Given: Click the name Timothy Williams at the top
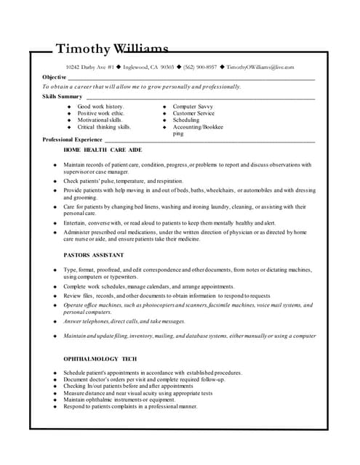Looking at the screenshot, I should point(112,49).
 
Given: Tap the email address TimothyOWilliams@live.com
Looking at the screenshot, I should point(260,67).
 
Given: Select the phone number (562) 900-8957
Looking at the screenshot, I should point(200,67).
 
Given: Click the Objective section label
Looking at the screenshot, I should point(55,77).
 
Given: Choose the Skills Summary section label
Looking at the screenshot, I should point(62,96).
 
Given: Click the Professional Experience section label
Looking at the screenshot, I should point(72,139).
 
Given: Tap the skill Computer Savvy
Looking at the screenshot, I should point(193,107).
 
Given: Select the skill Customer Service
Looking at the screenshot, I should point(193,113).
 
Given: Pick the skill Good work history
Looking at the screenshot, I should point(100,107).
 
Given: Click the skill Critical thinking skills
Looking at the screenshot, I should point(104,126).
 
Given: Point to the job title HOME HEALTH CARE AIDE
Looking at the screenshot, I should point(103,149).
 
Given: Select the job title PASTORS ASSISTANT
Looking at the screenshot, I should point(94,255).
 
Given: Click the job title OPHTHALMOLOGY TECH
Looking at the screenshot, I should point(100,359).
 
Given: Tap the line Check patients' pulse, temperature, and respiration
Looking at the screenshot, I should point(123,181).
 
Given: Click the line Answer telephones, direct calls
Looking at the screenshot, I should point(124,321).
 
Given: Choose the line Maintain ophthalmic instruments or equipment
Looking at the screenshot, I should point(119,400).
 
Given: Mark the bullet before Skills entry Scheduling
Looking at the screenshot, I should point(165,120).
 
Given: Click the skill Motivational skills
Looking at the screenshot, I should point(105,120).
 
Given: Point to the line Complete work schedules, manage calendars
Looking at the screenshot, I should point(148,286).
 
